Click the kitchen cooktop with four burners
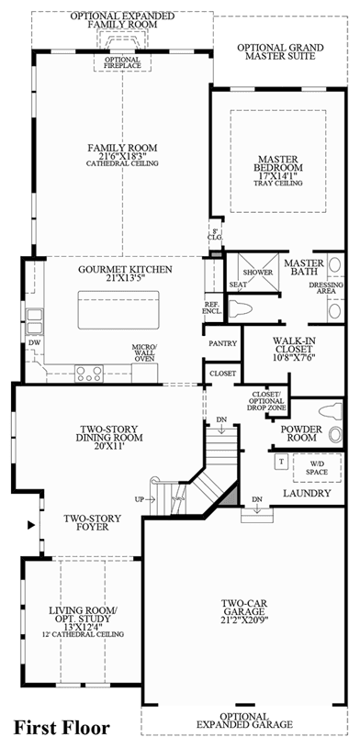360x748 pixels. point(89,373)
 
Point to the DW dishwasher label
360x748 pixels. point(33,342)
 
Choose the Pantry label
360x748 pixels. point(223,343)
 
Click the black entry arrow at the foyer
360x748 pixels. point(31,525)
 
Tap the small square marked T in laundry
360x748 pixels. point(281,462)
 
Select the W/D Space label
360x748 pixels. point(317,467)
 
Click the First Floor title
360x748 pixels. point(62,728)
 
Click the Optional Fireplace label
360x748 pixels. point(123,62)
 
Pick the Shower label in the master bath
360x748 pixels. point(258,273)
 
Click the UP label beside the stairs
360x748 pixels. point(140,499)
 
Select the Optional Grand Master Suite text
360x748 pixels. point(280,52)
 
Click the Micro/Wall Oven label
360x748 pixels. point(144,352)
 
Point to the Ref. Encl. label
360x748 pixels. point(213,308)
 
